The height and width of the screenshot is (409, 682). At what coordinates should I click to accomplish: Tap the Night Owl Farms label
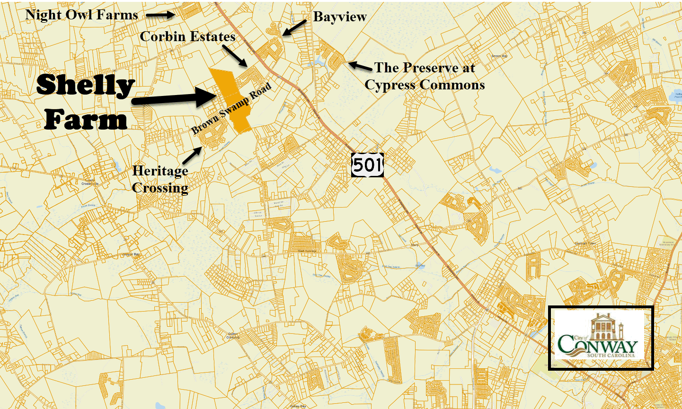click(x=81, y=15)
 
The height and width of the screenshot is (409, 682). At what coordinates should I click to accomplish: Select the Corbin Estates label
click(x=187, y=36)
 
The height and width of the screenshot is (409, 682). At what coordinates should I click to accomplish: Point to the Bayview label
click(x=340, y=17)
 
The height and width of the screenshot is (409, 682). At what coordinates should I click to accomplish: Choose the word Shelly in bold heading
click(x=86, y=86)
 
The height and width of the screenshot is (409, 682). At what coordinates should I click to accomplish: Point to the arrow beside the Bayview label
click(x=294, y=27)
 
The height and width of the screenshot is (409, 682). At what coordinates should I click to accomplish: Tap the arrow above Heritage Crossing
click(x=193, y=156)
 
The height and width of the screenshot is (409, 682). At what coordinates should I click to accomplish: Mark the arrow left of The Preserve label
click(x=360, y=66)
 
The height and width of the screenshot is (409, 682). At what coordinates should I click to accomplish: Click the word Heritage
click(x=160, y=171)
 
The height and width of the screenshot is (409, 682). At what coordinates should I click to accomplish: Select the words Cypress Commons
click(x=425, y=85)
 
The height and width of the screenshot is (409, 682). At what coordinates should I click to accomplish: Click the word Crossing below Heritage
click(x=160, y=188)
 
